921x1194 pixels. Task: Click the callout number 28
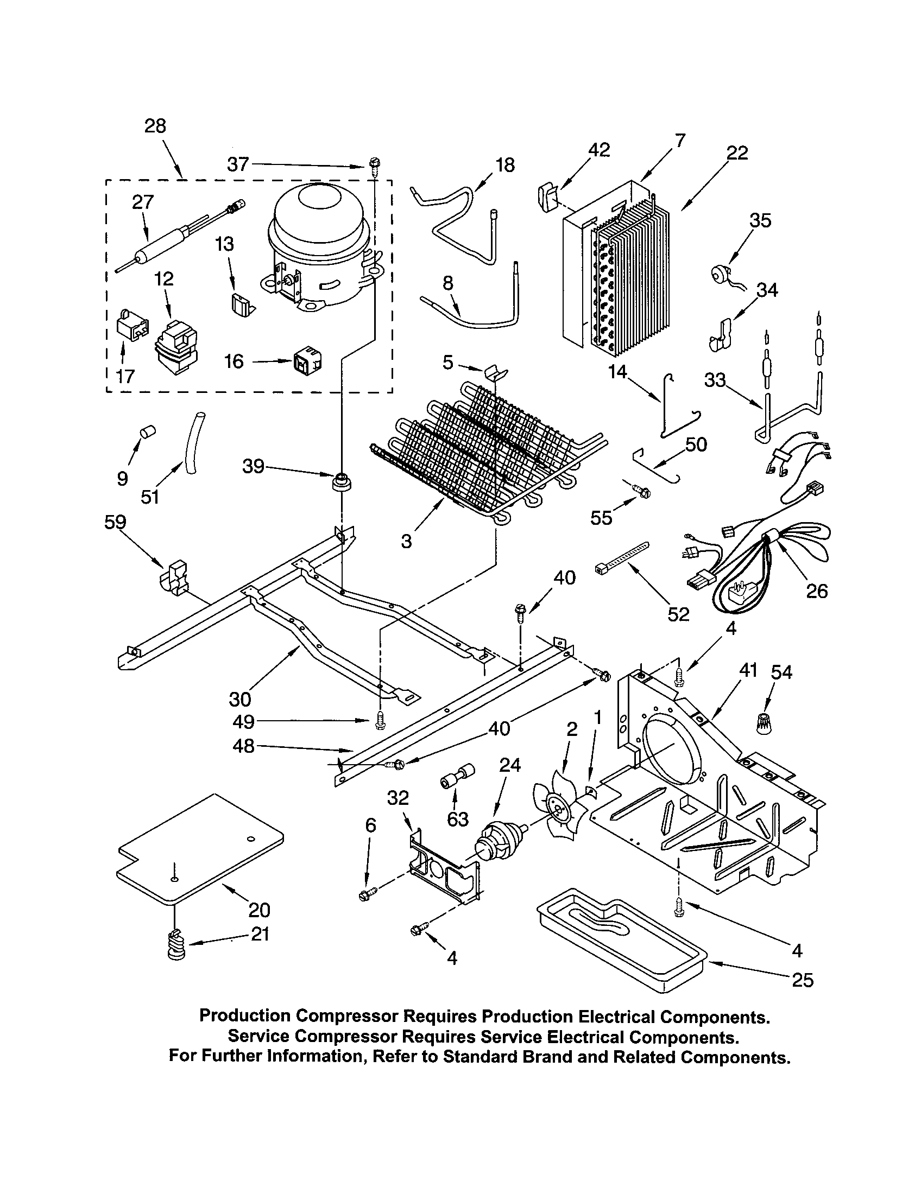coord(155,126)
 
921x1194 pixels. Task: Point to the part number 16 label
coord(234,361)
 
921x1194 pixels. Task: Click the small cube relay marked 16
coord(307,360)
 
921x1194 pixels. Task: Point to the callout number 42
coord(599,150)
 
